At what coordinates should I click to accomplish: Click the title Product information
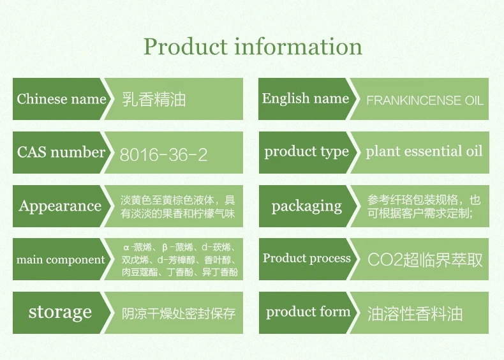click(x=253, y=47)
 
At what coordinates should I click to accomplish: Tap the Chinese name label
click(x=61, y=99)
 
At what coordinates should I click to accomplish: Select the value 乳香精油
click(x=154, y=99)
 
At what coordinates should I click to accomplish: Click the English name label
click(x=306, y=98)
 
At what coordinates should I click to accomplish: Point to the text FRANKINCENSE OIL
click(x=425, y=100)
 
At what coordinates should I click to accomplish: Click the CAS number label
click(x=61, y=152)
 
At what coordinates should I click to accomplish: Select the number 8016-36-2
click(x=163, y=154)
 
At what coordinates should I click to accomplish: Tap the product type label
click(x=306, y=152)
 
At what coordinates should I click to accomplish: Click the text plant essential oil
click(x=424, y=151)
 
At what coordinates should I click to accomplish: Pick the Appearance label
click(x=60, y=206)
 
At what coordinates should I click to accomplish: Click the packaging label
click(x=307, y=207)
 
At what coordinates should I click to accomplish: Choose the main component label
click(x=61, y=260)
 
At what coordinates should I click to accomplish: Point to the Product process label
click(x=307, y=259)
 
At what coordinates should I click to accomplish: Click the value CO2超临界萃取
click(x=425, y=260)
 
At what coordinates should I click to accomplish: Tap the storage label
click(x=60, y=312)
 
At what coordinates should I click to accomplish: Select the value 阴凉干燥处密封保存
click(x=179, y=313)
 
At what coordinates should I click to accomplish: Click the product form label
click(x=308, y=311)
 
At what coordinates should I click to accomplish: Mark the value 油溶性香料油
click(x=415, y=313)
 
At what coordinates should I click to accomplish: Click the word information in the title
click(x=299, y=47)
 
